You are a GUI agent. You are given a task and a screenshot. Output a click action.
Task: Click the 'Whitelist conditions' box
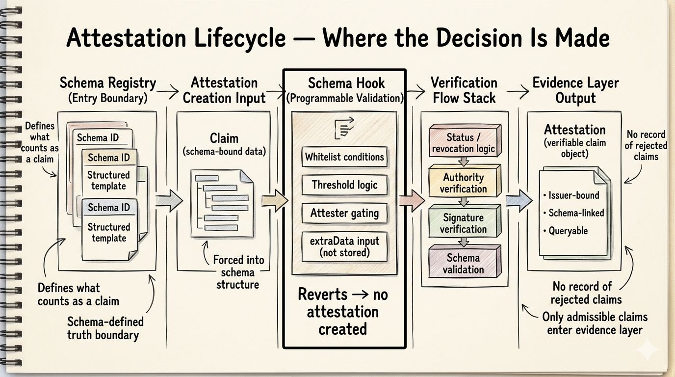point(344,157)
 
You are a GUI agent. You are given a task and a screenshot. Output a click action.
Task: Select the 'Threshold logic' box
point(344,185)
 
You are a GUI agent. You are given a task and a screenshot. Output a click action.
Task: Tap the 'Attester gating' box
point(344,214)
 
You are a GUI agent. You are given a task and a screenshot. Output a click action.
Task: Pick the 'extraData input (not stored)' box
point(344,246)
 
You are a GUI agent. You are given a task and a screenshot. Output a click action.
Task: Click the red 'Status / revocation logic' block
point(464,142)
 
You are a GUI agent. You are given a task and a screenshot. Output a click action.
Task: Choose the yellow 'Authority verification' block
point(463,183)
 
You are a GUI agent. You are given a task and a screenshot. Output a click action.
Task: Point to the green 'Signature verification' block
point(463,223)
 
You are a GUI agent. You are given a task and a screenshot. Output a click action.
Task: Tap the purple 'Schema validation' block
point(463,263)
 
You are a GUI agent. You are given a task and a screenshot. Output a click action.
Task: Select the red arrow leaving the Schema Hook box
point(412,199)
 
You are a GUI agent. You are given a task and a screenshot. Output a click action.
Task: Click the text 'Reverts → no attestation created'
point(343,311)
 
